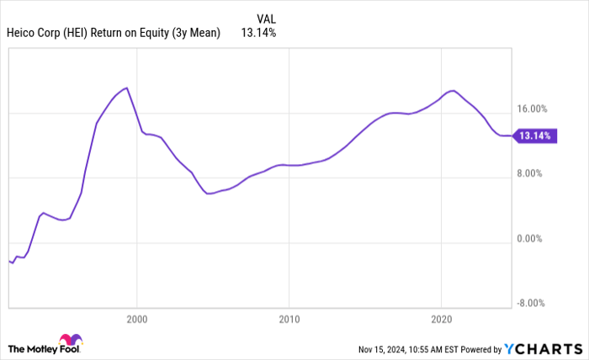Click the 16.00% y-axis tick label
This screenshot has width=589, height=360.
[533, 109]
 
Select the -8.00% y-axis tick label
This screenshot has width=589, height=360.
[533, 304]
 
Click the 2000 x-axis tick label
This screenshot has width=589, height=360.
[136, 320]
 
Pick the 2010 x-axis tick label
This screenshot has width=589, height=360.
[289, 320]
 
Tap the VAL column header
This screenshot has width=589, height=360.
[267, 18]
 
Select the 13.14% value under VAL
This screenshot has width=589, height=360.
[258, 33]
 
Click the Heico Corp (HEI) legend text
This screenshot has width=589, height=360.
[114, 33]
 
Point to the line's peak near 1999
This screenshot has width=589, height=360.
[126, 87]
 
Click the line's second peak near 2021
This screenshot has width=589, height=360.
[453, 90]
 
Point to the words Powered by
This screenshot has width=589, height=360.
[480, 348]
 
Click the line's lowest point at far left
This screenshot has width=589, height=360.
[12, 263]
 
